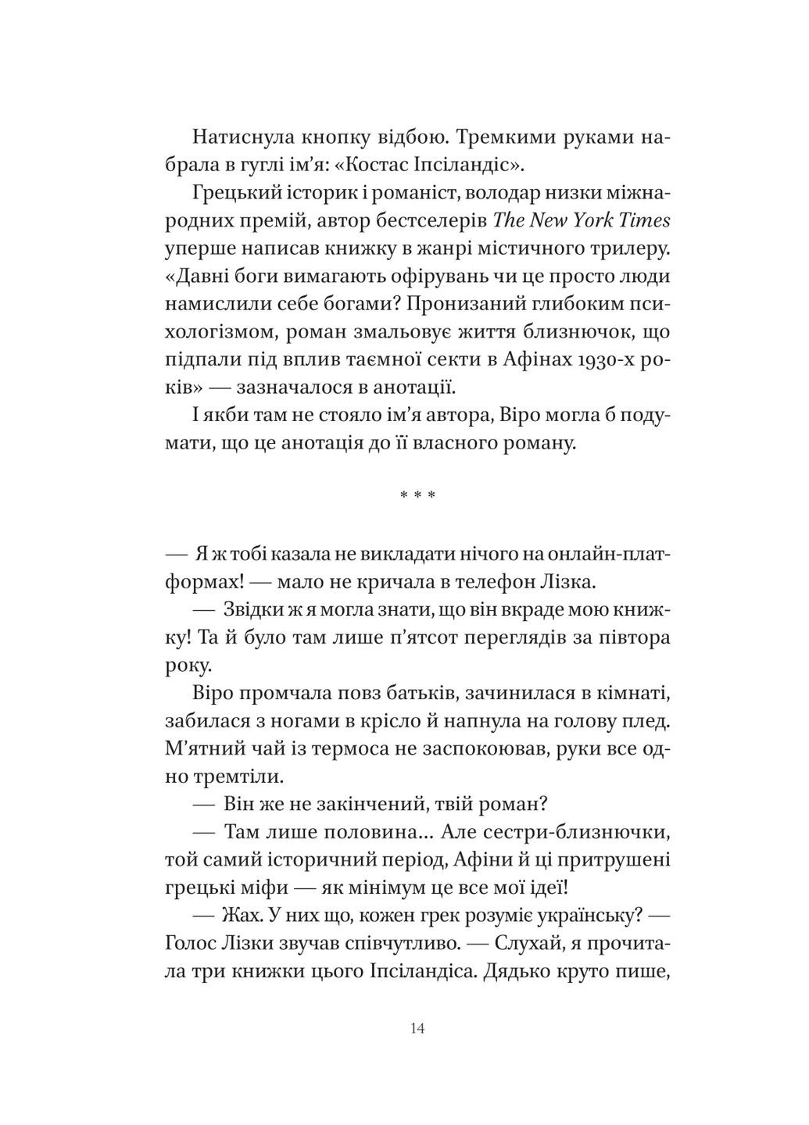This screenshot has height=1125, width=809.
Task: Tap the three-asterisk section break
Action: point(417,496)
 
